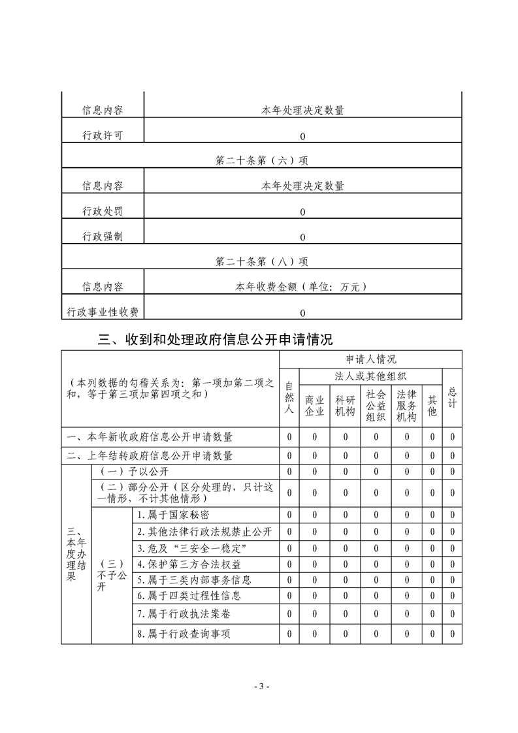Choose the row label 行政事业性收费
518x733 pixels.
[x=103, y=312]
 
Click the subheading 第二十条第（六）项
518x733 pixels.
[x=261, y=161]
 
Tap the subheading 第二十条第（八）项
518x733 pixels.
[x=261, y=261]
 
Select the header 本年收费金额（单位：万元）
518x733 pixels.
[x=302, y=287]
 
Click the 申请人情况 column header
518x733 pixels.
[x=370, y=359]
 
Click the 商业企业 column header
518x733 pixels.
[x=314, y=405]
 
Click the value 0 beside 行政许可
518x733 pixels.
[x=302, y=136]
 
